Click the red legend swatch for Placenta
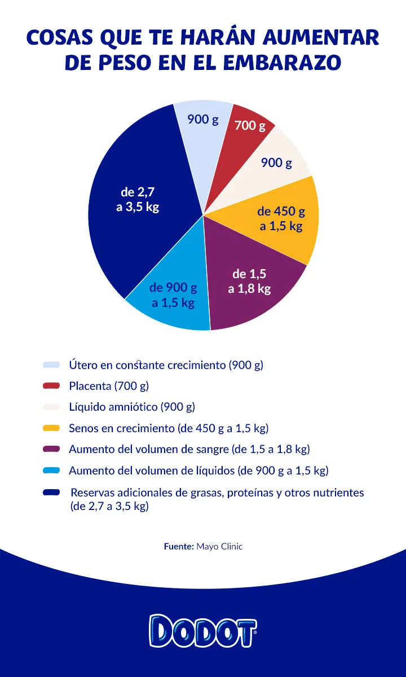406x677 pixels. coord(51,386)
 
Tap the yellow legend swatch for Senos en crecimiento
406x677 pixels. coord(51,428)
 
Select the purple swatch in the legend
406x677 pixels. coord(51,450)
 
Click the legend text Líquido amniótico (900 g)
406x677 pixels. coord(132,407)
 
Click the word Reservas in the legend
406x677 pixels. coord(91,493)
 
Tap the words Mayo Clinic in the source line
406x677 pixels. coord(219,547)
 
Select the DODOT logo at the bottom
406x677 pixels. coord(203,630)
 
